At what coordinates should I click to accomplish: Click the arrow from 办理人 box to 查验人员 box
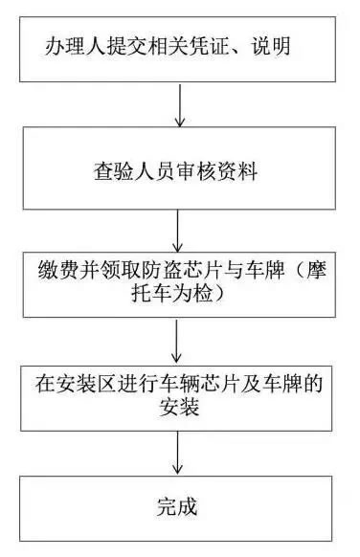click(x=178, y=105)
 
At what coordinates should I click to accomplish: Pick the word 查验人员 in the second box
click(x=129, y=172)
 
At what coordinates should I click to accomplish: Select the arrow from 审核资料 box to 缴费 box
click(x=178, y=230)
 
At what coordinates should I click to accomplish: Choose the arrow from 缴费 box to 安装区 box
click(x=178, y=339)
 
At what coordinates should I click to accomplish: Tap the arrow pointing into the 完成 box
click(x=178, y=457)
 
